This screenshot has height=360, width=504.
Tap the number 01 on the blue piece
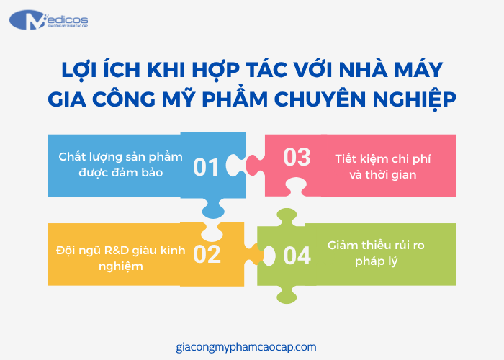coord(206,168)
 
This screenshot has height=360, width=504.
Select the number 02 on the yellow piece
coord(207,254)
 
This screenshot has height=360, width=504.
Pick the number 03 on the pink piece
coord(297,157)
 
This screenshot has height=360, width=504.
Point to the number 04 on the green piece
coord(297,256)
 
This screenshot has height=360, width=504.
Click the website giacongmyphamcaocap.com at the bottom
coord(246,346)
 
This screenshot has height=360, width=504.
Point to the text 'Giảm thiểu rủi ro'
coord(376,245)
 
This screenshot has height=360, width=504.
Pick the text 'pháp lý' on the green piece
coord(376,262)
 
